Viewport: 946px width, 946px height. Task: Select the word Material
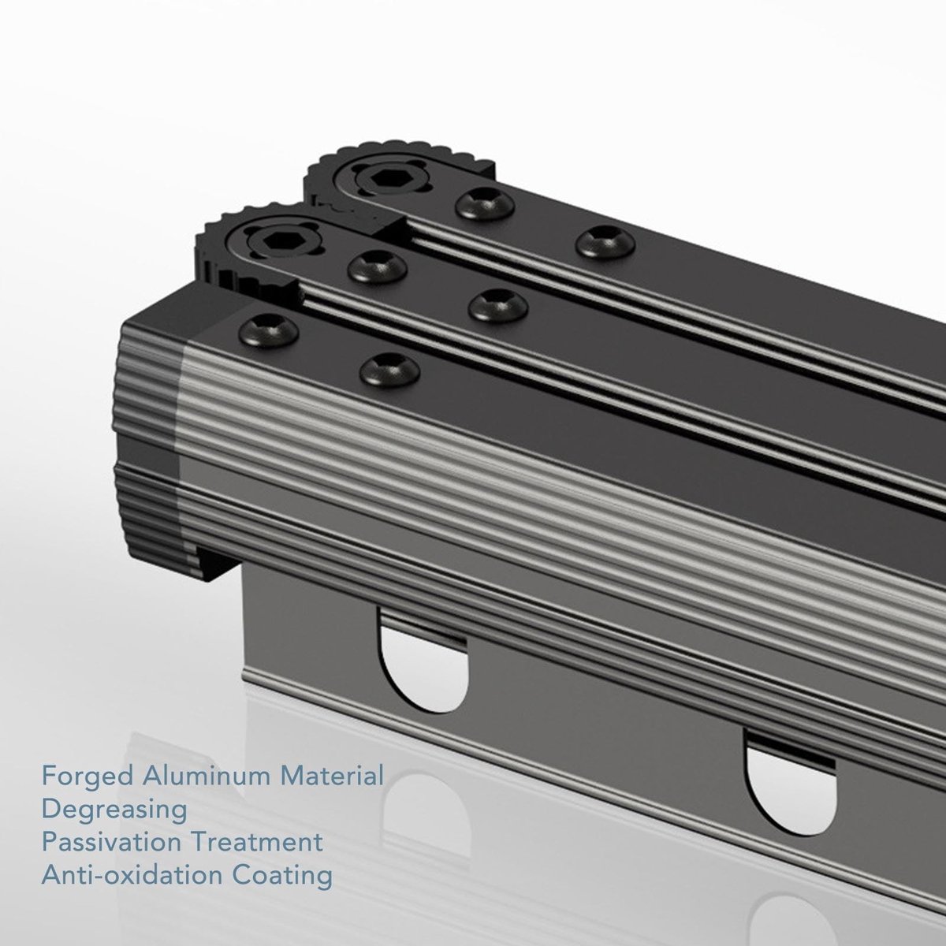coord(332,777)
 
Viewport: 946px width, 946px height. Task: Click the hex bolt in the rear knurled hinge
coord(383,181)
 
